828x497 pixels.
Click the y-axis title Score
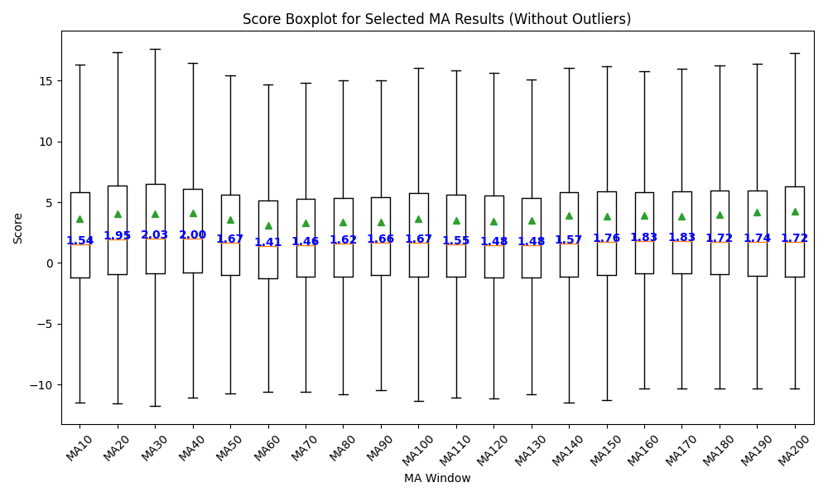point(18,228)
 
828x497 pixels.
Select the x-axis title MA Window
point(437,478)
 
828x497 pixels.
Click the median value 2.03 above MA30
point(155,235)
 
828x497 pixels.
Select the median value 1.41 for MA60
point(267,243)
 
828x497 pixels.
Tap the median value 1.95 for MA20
point(118,236)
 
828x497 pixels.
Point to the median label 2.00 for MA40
point(193,235)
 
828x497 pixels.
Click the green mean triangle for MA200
point(795,211)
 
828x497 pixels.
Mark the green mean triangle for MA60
point(268,225)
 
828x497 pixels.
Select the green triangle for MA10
point(79,219)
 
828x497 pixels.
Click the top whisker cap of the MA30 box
point(155,49)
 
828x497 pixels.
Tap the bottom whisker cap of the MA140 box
point(569,403)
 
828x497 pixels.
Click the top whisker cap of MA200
point(795,53)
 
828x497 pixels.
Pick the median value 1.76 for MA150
point(606,239)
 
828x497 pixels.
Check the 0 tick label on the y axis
point(50,263)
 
